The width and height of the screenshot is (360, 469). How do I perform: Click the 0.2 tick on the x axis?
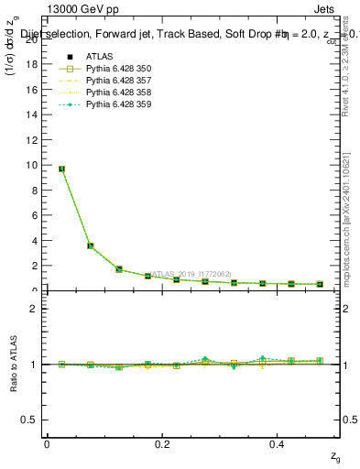(162, 443)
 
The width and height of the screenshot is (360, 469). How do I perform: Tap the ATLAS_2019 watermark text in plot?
(192, 273)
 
